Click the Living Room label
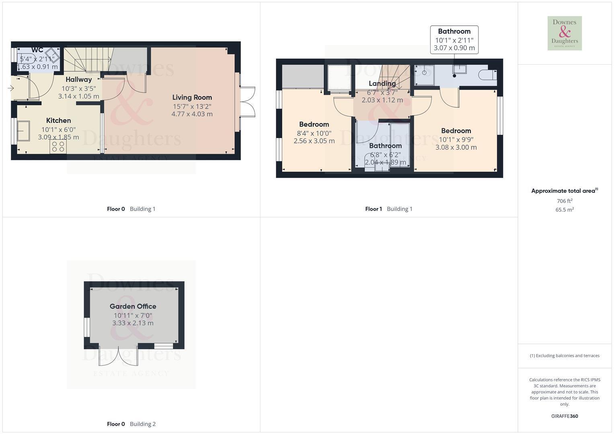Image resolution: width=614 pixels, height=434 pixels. (x=192, y=97)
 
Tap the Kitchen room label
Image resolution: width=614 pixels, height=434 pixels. (x=58, y=120)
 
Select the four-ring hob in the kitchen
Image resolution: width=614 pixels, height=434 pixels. (x=58, y=146)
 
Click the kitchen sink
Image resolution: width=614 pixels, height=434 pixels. (x=23, y=131)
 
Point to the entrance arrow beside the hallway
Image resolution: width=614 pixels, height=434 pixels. (x=11, y=88)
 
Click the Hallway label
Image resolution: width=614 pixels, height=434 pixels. (x=79, y=80)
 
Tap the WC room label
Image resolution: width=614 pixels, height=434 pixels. (x=37, y=50)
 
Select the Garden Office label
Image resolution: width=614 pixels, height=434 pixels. (x=133, y=306)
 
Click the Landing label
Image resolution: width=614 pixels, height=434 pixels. (x=382, y=83)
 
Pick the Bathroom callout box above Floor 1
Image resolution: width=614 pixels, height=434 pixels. (x=454, y=40)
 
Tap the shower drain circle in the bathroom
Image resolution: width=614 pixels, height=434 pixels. (x=424, y=73)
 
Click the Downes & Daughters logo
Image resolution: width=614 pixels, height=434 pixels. (x=565, y=33)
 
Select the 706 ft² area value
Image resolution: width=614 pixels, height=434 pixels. (x=565, y=201)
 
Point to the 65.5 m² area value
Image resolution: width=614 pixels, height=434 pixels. (x=565, y=210)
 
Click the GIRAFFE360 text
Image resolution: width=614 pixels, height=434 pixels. (x=565, y=416)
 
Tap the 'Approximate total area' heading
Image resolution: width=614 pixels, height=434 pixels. (x=565, y=191)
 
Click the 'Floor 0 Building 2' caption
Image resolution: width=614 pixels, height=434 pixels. (x=131, y=424)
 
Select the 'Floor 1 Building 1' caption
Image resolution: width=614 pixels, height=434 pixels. (x=389, y=209)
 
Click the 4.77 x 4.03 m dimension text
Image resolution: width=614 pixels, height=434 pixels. (x=192, y=114)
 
